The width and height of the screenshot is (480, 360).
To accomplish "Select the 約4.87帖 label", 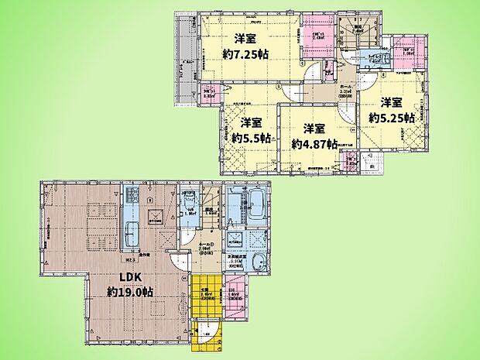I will (314, 143).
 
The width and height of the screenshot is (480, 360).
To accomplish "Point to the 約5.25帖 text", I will (391, 118).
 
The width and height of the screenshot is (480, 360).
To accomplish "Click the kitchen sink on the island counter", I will (132, 232).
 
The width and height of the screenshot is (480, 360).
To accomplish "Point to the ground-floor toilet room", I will (190, 213).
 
